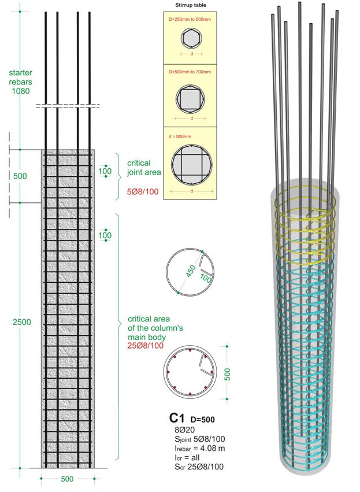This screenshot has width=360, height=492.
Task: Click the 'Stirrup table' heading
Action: pos(191,5)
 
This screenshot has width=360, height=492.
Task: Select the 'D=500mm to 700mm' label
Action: pos(191,73)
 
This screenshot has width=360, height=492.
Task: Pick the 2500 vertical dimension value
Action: pos(21,321)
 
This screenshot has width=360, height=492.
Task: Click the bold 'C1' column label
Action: pos(177,417)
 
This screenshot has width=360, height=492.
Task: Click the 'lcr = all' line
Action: pos(187,457)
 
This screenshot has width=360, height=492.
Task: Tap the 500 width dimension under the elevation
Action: pos(68,479)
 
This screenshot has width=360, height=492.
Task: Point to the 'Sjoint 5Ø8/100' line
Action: pos(198,439)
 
